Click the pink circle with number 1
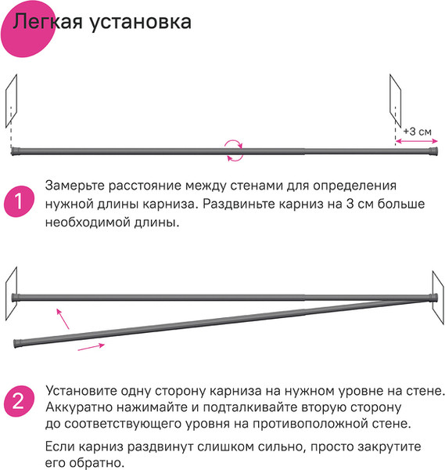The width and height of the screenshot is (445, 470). click(17, 202)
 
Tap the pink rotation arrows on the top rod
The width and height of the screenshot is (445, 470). click(233, 150)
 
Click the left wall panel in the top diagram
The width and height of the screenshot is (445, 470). click(10, 102)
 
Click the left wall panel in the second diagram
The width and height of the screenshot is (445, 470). click(11, 292)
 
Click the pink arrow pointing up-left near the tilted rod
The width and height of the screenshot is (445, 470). click(62, 316)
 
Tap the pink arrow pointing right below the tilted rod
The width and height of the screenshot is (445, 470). click(91, 347)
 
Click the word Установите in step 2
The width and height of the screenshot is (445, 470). click(82, 389)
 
